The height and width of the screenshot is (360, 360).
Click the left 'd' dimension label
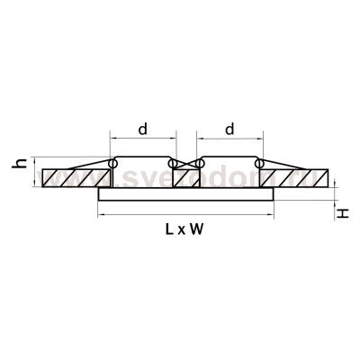coord(141,130)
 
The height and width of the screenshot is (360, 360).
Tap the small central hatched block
coord(184,178)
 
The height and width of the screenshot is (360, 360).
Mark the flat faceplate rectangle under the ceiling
coord(184,197)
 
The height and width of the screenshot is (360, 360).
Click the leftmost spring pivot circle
coord(113,164)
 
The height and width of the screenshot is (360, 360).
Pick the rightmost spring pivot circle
coord(258,164)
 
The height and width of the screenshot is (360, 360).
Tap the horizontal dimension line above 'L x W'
coord(184,216)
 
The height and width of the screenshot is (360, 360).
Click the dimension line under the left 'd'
coord(141,140)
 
